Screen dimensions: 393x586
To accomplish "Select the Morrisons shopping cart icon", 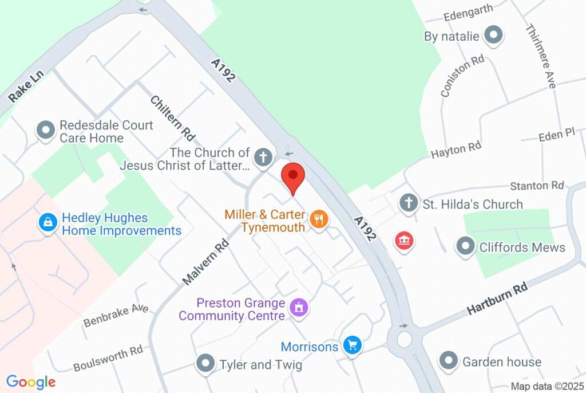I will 352,345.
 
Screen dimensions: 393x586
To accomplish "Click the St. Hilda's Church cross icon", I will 408,203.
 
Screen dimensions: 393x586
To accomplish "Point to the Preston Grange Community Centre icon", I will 299,308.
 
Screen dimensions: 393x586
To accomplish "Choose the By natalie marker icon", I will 493,36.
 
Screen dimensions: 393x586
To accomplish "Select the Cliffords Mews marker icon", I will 465,247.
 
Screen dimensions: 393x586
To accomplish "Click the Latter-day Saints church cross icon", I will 263,156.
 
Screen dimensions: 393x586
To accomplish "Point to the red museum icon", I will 405,241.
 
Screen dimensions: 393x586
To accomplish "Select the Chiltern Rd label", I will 172,118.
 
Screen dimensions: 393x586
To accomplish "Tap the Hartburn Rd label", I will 497,298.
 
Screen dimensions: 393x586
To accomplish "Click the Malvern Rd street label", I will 205,262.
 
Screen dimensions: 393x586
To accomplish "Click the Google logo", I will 31,382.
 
